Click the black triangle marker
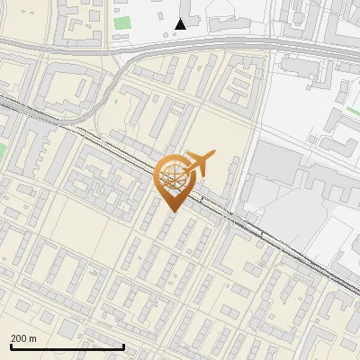pos(181,23)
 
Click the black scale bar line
pos(67,347)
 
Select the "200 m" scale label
pos(24,338)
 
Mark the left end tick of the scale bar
pos(11,346)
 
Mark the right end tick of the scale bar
pos(123,346)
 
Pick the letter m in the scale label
pos(33,338)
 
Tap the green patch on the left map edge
pos(3,150)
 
